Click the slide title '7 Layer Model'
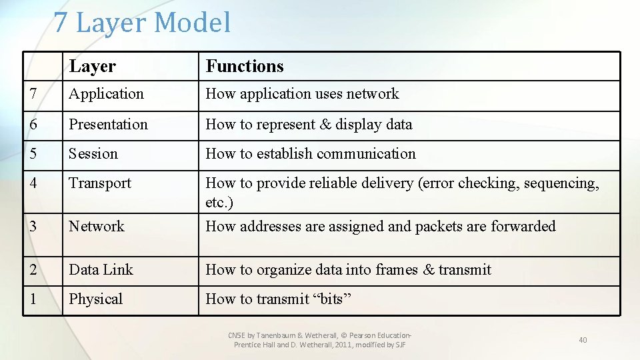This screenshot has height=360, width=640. coord(142,23)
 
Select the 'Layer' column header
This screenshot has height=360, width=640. coord(92,67)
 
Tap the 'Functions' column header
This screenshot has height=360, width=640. coord(245,67)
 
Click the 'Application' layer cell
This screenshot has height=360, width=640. coord(106,94)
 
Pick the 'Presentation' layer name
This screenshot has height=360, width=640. coord(108,125)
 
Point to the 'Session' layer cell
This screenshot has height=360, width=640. coord(93,154)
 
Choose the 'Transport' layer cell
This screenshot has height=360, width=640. coord(100,183)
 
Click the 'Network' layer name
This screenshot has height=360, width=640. coord(97,227)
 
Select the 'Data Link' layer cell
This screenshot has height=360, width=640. coord(101,270)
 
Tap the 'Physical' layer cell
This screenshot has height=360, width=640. coord(96,299)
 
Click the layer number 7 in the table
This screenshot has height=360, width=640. coord(33,94)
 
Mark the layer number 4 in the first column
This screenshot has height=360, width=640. coord(33,183)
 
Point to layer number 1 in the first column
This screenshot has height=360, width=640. coord(33,299)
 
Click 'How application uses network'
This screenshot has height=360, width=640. coord(302,94)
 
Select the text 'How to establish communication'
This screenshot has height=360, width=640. coord(311,154)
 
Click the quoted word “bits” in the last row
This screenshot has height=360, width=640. coord(332,299)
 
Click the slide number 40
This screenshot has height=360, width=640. coord(583,340)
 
